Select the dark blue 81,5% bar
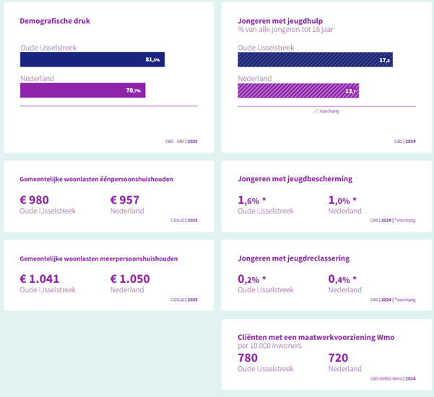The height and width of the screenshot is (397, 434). (x=92, y=59)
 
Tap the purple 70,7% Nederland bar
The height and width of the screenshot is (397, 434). (x=82, y=90)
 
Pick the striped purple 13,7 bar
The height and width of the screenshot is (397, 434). (x=298, y=90)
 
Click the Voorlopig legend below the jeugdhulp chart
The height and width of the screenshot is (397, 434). (x=328, y=111)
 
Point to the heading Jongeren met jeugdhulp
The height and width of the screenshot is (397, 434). (x=280, y=20)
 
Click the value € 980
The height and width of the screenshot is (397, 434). (x=35, y=200)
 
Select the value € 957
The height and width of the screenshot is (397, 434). (x=125, y=200)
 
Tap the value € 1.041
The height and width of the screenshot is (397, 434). (x=40, y=279)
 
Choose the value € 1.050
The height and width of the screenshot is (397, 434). (x=131, y=279)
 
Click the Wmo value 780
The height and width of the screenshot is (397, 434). (x=248, y=358)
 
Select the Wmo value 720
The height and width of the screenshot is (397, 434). (x=338, y=358)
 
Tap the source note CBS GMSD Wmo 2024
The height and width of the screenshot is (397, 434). (x=392, y=378)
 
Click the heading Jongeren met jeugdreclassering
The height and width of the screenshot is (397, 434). (x=294, y=258)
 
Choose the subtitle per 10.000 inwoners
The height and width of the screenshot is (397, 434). (x=269, y=346)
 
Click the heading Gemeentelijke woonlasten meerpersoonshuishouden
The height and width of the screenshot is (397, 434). (x=98, y=258)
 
